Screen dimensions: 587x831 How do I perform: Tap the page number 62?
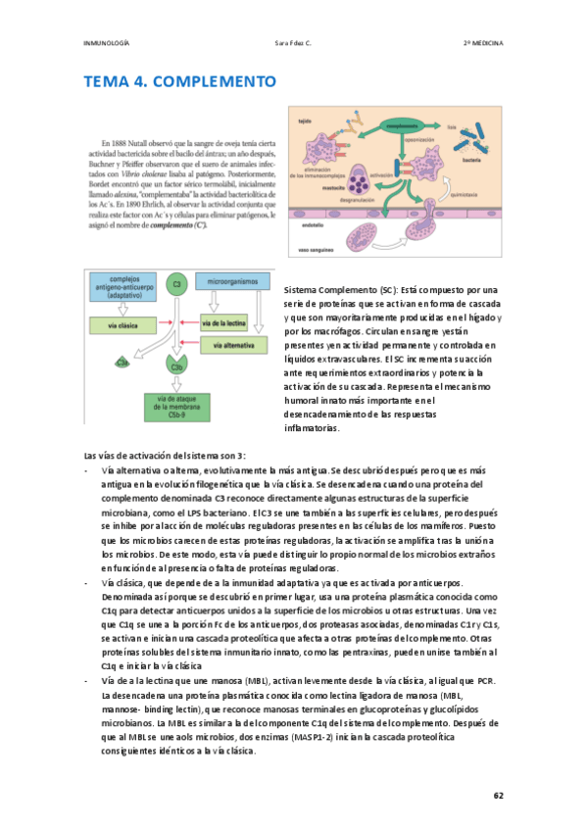[x=499, y=795]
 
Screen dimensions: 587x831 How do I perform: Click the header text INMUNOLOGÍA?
[x=107, y=44]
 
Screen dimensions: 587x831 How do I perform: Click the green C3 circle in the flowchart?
[x=176, y=285]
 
